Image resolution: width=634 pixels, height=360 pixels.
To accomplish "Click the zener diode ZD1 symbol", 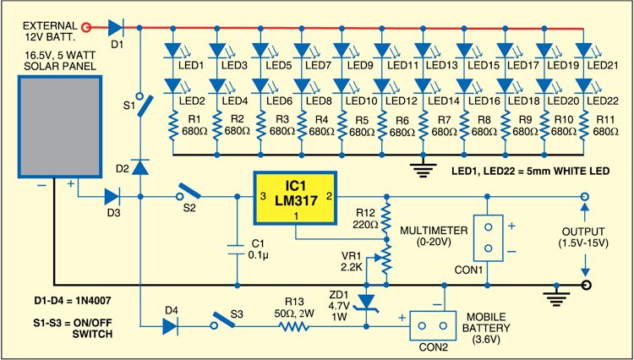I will tap(365, 302).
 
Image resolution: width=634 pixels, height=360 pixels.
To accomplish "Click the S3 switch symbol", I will tap(222, 322).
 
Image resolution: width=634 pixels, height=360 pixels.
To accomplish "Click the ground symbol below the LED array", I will tap(421, 166).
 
